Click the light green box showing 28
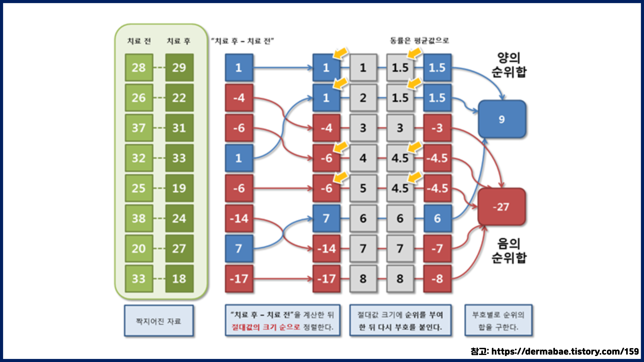pos(139,67)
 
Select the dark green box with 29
pos(179,67)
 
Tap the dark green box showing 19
pos(179,188)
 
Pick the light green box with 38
pos(139,218)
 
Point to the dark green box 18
pos(179,278)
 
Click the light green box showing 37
pos(139,128)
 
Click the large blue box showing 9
pos(502,119)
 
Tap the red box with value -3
pos(437,128)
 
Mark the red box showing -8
pos(437,278)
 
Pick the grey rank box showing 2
pos(363,98)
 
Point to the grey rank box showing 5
pos(363,188)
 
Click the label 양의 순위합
pos(509,65)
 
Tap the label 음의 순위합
pos(509,251)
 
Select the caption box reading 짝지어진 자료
pos(159,321)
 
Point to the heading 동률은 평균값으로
pos(419,41)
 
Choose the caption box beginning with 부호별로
pos(498,321)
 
